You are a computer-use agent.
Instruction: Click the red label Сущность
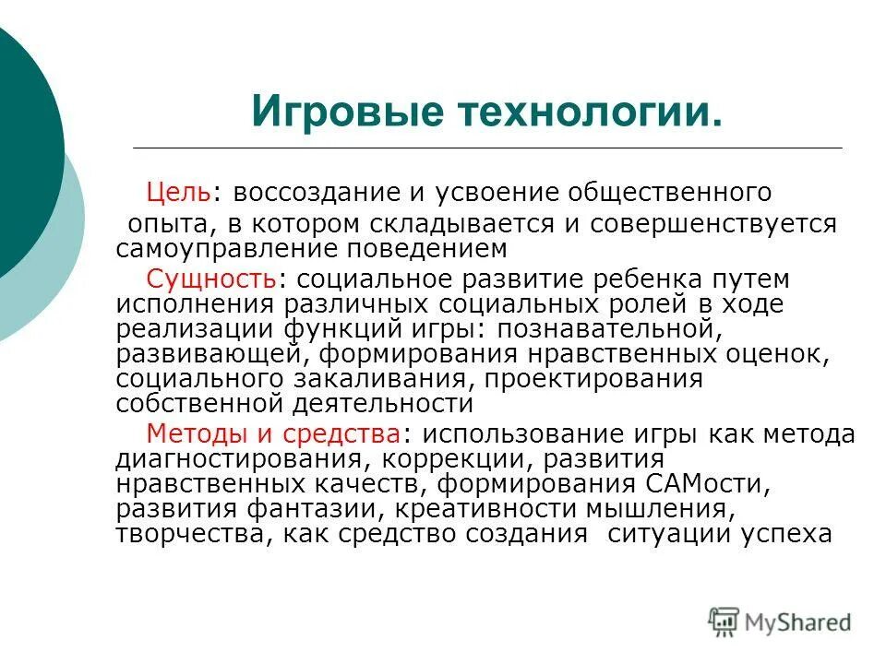(x=211, y=279)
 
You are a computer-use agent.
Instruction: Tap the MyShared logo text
(x=798, y=622)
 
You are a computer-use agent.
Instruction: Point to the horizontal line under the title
(x=487, y=148)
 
